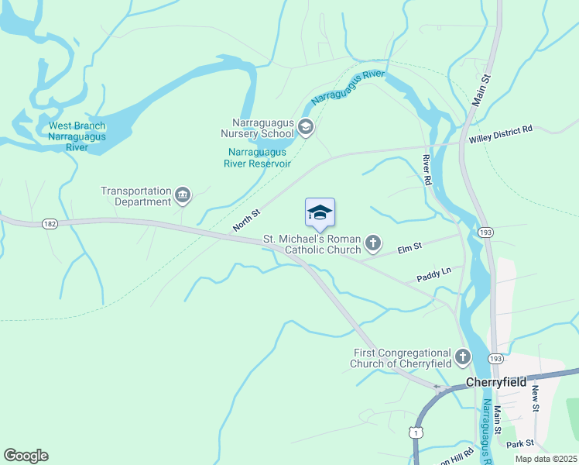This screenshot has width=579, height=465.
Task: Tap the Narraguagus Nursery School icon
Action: [306, 127]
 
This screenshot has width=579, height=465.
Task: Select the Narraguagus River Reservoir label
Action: [257, 158]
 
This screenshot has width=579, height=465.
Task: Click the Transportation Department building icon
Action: [183, 195]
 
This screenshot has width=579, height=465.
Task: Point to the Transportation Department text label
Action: [135, 197]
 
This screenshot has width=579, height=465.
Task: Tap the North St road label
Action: [247, 221]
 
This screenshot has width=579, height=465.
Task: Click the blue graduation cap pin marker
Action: [320, 213]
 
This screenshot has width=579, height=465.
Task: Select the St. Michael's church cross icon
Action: [373, 244]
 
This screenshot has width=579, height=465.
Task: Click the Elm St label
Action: [409, 248]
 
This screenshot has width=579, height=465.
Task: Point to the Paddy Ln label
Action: [434, 273]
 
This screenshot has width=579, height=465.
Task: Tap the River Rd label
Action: [427, 168]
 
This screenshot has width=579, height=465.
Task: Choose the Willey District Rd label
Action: [501, 133]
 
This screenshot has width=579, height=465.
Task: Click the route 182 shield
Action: [50, 224]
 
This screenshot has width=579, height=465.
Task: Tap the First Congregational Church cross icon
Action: [462, 357]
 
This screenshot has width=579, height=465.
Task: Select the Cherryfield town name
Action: [496, 382]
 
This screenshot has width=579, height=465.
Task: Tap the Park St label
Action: [520, 444]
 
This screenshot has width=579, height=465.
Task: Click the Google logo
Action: [26, 456]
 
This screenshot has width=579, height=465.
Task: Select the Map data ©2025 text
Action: [545, 459]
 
